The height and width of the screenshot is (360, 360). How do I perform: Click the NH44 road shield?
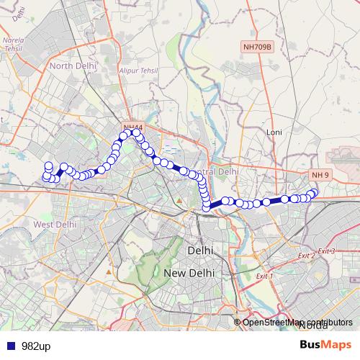[132, 128]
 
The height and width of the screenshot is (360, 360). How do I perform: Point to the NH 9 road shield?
[320, 175]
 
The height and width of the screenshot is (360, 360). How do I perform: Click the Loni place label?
[274, 132]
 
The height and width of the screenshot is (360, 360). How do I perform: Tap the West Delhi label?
[55, 225]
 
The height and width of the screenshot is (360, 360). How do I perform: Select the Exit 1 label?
[266, 276]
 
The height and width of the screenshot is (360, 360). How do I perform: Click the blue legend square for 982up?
[9, 346]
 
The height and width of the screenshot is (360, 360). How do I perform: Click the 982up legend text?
[34, 346]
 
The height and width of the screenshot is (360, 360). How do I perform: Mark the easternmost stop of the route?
[314, 192]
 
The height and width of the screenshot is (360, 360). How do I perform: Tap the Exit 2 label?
[307, 256]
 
